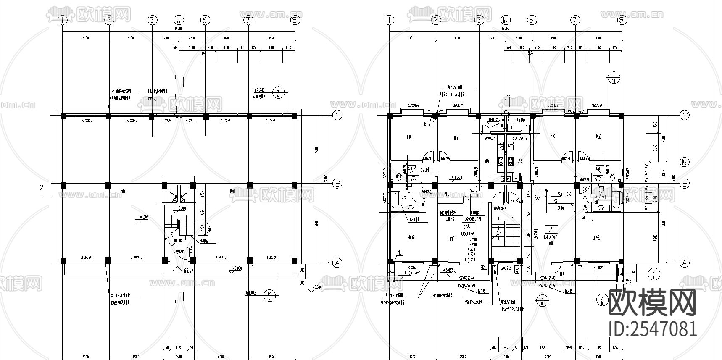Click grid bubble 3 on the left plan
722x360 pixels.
click(x=152, y=20)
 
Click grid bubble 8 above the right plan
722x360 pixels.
click(x=622, y=20)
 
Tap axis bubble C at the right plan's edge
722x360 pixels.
click(x=685, y=116)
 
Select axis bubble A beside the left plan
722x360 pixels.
click(x=337, y=263)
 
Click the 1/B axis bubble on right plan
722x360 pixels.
click(x=685, y=163)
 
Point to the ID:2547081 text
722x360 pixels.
click(x=652, y=328)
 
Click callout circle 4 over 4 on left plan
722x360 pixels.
click(x=278, y=92)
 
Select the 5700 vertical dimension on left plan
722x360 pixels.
click(x=318, y=149)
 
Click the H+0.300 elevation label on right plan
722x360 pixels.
click(x=456, y=177)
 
